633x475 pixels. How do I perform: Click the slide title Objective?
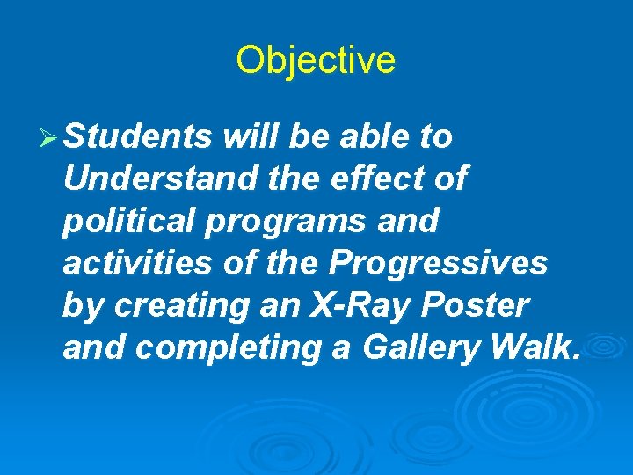(x=316, y=61)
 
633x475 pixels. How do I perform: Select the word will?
(x=251, y=137)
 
